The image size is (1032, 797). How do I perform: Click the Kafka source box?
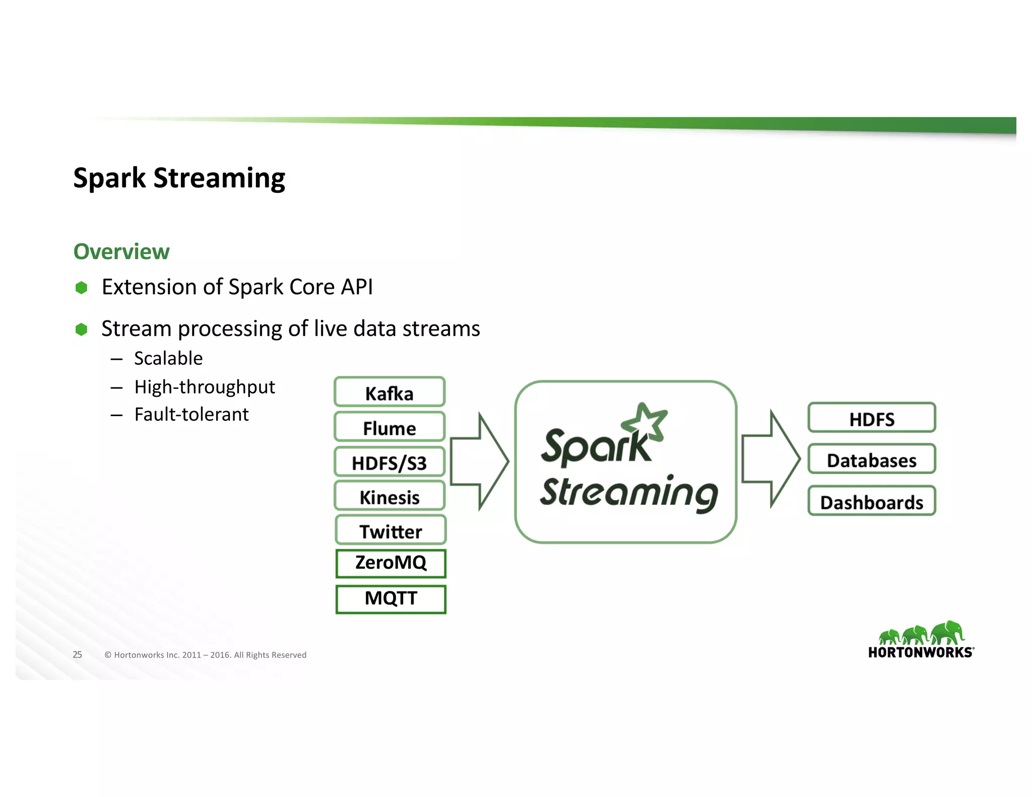click(x=390, y=392)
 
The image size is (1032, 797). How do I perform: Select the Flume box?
click(x=390, y=427)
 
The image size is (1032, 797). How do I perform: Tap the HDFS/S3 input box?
click(x=390, y=462)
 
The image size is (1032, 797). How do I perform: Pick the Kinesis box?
click(x=390, y=496)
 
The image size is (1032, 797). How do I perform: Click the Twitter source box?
click(x=391, y=530)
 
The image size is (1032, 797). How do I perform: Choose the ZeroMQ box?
click(x=391, y=563)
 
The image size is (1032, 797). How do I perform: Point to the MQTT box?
click(x=391, y=599)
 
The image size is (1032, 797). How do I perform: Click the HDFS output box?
click(x=872, y=418)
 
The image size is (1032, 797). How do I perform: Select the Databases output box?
click(x=872, y=459)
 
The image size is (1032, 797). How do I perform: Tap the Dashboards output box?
click(x=872, y=501)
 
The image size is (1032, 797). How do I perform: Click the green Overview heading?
click(x=121, y=251)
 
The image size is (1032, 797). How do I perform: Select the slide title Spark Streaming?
click(x=179, y=178)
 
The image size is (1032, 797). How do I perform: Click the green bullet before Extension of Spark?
click(x=81, y=288)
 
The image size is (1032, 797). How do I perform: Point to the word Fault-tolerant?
click(x=191, y=415)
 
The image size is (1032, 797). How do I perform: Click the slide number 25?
click(x=77, y=654)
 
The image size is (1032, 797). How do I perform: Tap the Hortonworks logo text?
click(x=920, y=652)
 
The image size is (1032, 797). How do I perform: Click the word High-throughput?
click(x=204, y=387)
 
